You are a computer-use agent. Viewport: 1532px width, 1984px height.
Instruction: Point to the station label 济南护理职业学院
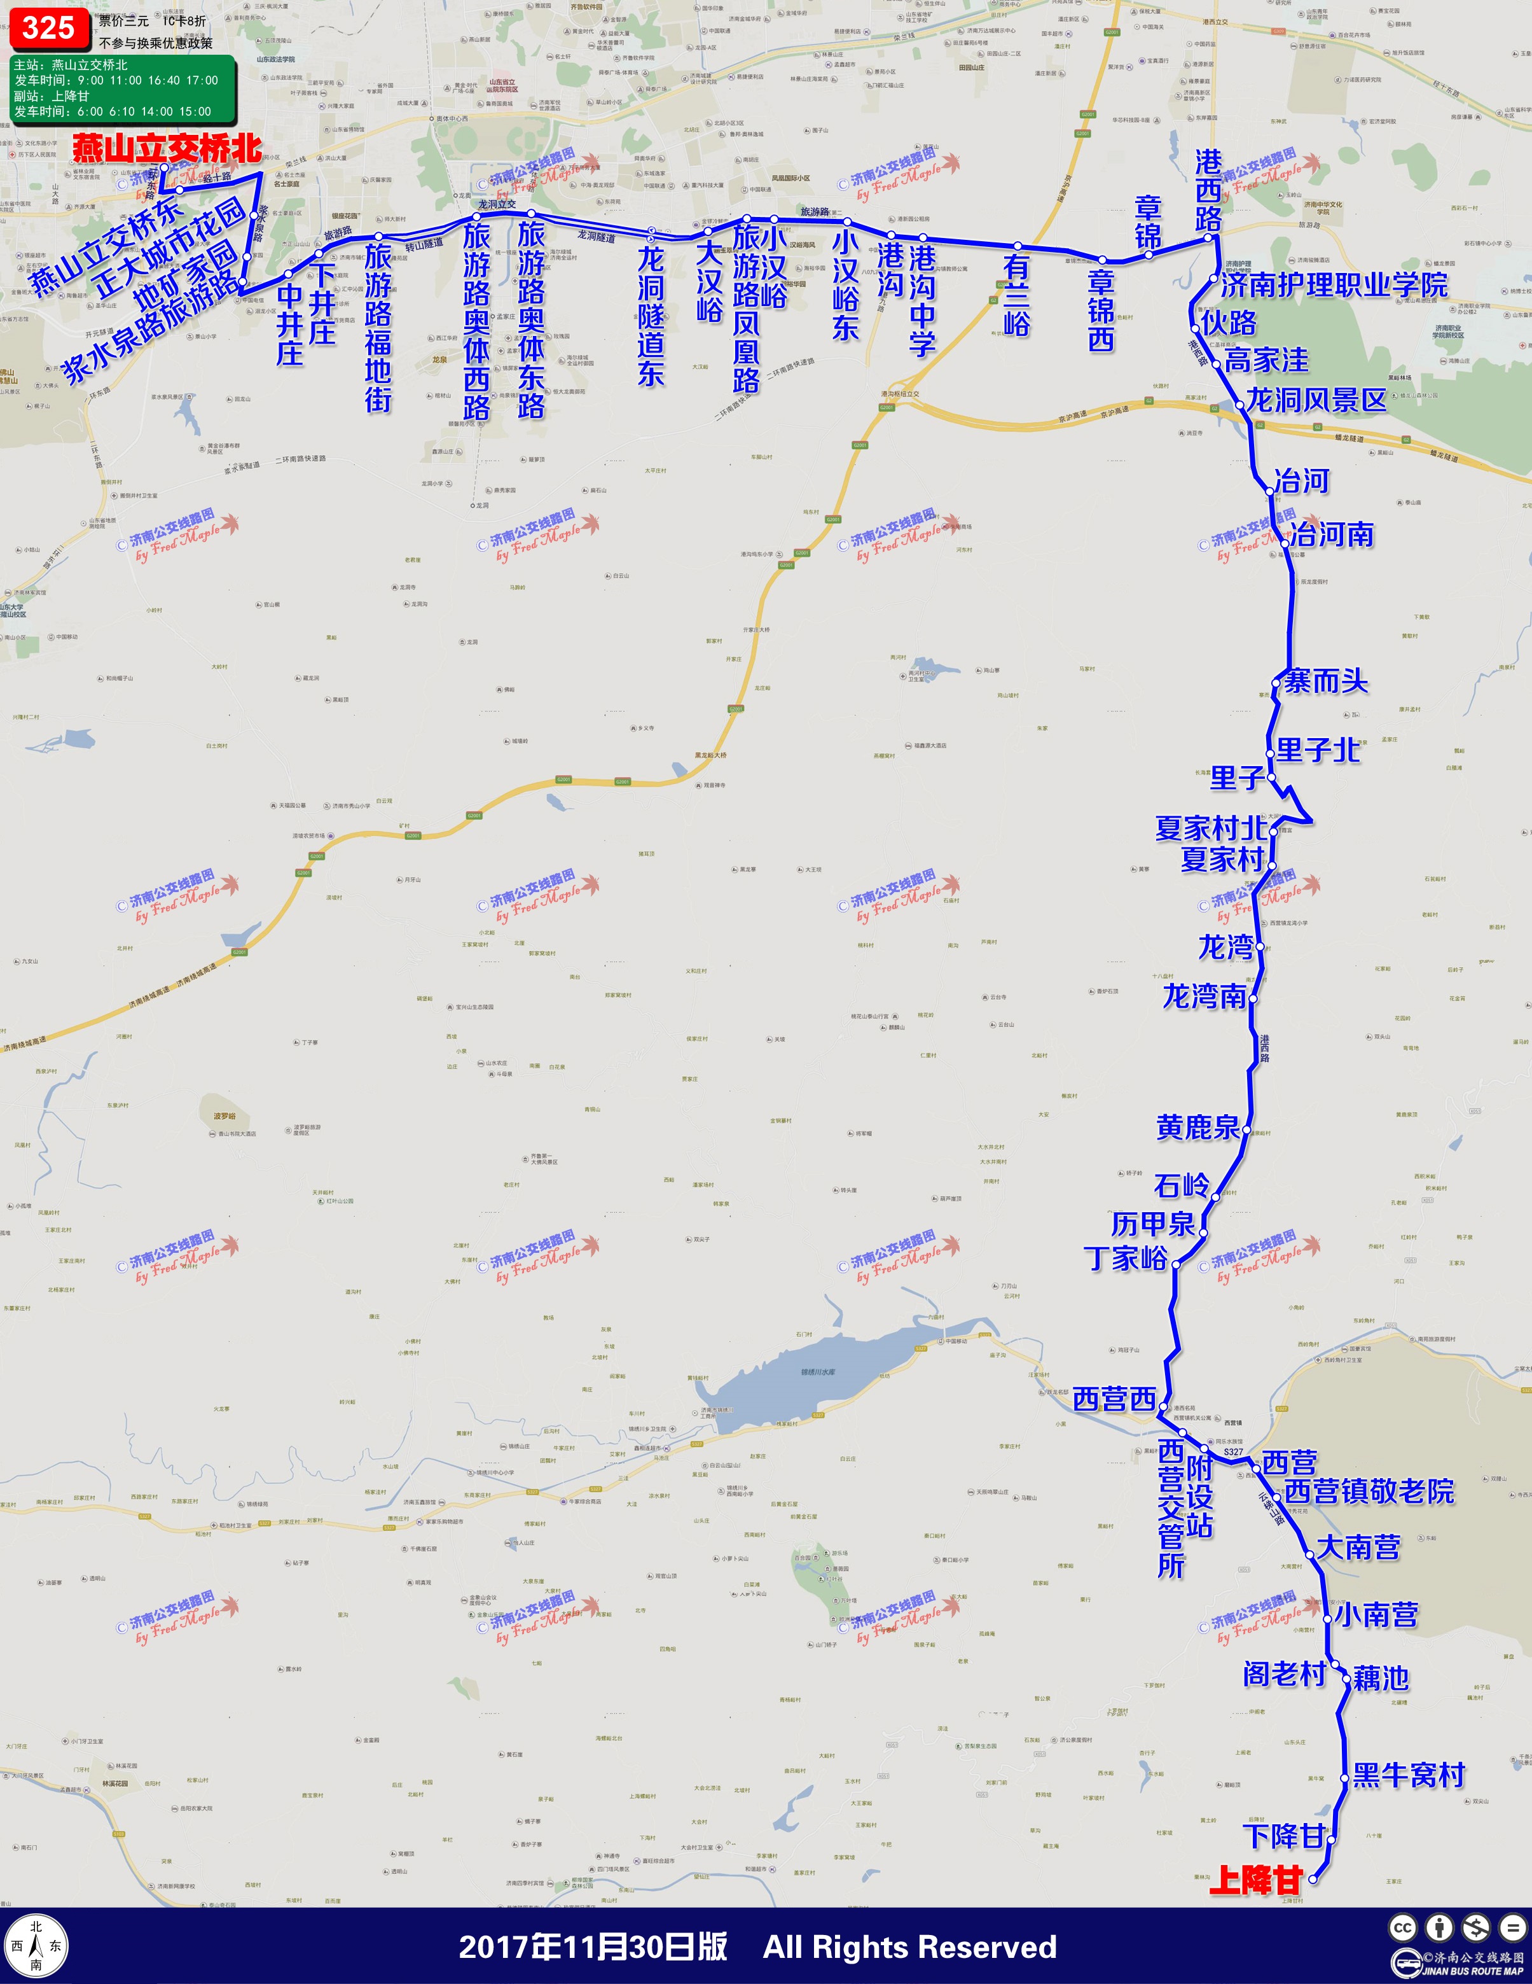pos(1333,285)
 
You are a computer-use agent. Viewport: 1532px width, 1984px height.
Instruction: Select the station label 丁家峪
pos(1125,1258)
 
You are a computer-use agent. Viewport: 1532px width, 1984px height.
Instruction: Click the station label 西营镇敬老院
pos(1369,1491)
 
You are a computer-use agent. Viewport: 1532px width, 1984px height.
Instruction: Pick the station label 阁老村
pos(1283,1674)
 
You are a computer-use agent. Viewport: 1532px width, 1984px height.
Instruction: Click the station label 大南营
pos(1358,1547)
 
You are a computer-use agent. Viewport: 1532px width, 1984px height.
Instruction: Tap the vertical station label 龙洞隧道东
pos(650,316)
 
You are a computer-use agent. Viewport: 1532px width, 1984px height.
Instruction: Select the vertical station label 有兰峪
pos(1016,296)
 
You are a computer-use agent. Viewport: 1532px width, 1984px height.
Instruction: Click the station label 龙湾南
pos(1205,996)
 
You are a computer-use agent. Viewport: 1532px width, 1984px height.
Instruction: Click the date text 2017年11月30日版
pos(593,1946)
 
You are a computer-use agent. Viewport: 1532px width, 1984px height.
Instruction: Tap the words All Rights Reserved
pos(910,1946)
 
